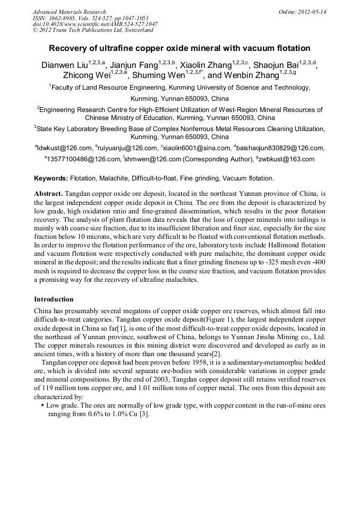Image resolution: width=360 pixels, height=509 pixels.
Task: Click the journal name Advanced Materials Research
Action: pos(69,12)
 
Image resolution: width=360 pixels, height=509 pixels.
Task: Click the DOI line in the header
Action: pos(95,24)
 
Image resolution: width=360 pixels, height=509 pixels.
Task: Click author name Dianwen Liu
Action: pos(64,66)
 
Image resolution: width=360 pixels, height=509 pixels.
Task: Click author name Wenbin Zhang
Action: pos(250,76)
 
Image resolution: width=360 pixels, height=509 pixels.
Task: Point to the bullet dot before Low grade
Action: pos(42,405)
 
